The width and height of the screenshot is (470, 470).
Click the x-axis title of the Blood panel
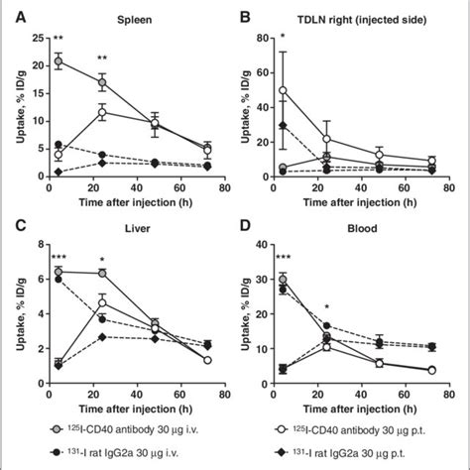click(x=373, y=401)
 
